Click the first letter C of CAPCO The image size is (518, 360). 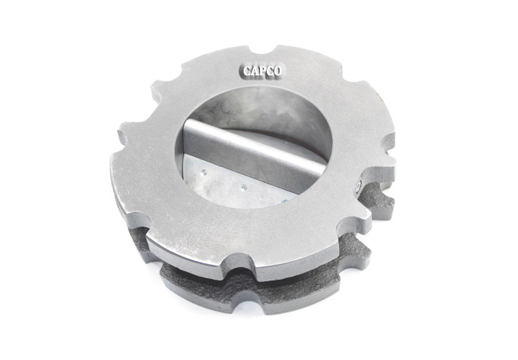(x=246, y=71)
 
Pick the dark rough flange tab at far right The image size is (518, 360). (x=382, y=202)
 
